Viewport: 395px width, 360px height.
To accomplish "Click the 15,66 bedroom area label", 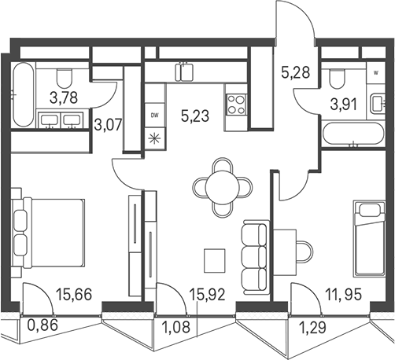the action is (x=74, y=294).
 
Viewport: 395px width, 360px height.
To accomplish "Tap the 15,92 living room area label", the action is (x=207, y=294).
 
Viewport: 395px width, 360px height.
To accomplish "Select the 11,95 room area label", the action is (x=343, y=294).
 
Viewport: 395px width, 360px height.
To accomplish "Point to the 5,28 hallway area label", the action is (x=296, y=72).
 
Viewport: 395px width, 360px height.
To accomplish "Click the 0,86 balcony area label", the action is (x=42, y=325).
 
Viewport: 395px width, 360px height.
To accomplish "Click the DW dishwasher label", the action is (x=155, y=116).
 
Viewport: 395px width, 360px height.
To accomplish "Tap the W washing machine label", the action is (x=376, y=73).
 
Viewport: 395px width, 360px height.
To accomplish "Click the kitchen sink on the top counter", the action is (x=184, y=72).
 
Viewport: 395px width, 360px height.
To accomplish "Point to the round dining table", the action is (x=223, y=187).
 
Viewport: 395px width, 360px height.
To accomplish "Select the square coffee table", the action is (x=215, y=260).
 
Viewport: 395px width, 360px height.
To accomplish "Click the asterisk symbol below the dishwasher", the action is (x=154, y=138).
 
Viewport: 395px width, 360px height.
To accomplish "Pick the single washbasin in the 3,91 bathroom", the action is (x=377, y=104).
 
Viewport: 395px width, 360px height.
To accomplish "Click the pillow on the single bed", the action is (x=370, y=210).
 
